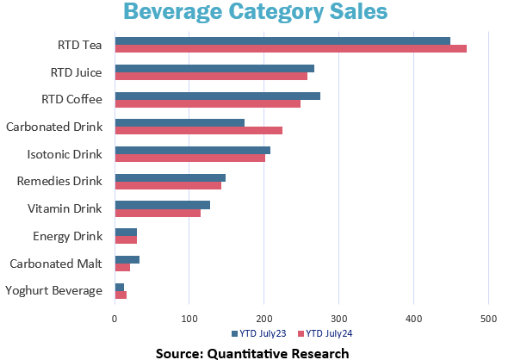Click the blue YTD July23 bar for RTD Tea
[282, 40]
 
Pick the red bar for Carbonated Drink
[198, 131]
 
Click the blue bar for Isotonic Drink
[192, 150]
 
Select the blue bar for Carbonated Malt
[127, 259]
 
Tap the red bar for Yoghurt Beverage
[121, 295]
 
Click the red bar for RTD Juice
[211, 77]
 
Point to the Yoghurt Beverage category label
[53, 291]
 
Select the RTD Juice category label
[75, 72]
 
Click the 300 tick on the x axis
[339, 320]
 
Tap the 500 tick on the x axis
[488, 320]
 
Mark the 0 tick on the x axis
[115, 320]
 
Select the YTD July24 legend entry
[325, 334]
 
